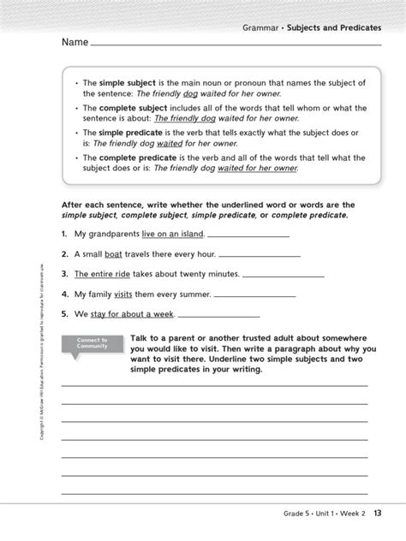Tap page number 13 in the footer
click(x=377, y=513)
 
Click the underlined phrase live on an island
click(x=172, y=234)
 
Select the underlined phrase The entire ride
click(x=101, y=275)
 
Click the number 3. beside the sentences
click(x=64, y=275)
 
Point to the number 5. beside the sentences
click(x=64, y=314)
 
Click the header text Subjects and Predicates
click(x=337, y=27)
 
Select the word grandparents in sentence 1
click(x=114, y=234)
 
